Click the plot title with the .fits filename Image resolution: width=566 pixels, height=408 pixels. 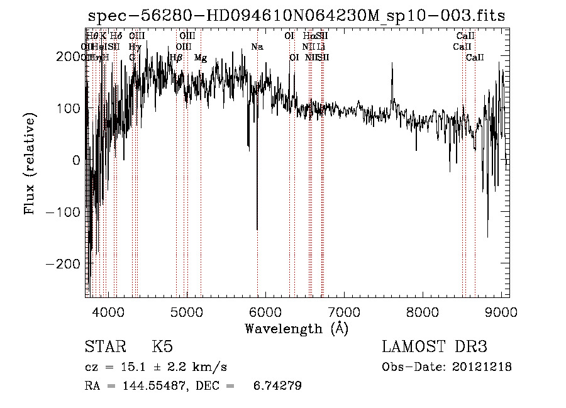click(x=296, y=16)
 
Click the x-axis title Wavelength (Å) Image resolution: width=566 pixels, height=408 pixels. click(x=296, y=328)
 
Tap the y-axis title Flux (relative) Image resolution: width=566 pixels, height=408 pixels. click(x=30, y=163)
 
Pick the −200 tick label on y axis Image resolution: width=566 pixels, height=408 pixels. click(x=63, y=264)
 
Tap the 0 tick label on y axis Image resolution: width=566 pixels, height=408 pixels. click(x=76, y=160)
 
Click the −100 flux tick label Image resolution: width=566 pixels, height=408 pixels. click(x=63, y=212)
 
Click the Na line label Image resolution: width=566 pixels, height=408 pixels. click(x=257, y=47)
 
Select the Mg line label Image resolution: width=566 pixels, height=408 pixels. click(x=201, y=58)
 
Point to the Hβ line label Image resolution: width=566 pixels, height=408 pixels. click(x=176, y=58)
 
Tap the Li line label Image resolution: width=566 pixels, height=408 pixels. click(x=321, y=47)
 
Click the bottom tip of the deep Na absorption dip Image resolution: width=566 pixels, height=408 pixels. click(x=257, y=229)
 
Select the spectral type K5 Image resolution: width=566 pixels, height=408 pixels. click(x=162, y=347)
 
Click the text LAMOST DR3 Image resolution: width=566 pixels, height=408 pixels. click(x=435, y=347)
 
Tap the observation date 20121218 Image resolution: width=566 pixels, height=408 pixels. click(x=480, y=367)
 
